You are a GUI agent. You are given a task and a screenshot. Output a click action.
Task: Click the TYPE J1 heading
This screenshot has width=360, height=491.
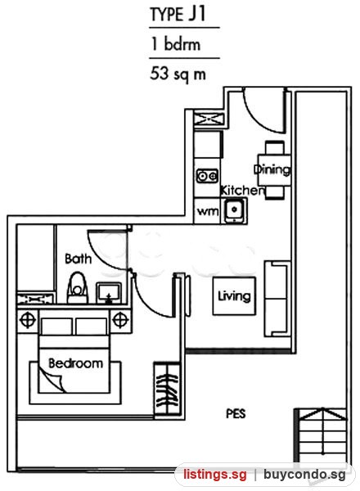click(x=178, y=15)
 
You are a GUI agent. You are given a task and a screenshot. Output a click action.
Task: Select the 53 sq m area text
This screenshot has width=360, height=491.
click(x=178, y=74)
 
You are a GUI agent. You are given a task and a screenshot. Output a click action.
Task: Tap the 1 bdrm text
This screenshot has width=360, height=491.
click(x=176, y=44)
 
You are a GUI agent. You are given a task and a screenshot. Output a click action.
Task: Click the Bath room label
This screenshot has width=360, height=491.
click(x=79, y=259)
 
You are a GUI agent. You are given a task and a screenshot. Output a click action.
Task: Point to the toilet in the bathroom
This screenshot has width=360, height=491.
click(x=78, y=288)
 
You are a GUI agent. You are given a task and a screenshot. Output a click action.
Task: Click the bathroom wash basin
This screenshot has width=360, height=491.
click(x=108, y=293)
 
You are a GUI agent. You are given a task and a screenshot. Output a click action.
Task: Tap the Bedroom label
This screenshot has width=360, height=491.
click(x=75, y=363)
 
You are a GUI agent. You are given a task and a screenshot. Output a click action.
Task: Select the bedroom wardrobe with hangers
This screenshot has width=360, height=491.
click(x=168, y=390)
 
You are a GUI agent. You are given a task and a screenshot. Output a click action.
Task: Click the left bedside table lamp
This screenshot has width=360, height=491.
click(x=28, y=321)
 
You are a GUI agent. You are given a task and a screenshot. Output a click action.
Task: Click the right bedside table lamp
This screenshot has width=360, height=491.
click(x=120, y=321)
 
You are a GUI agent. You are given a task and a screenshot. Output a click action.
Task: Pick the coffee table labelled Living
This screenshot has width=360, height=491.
click(x=234, y=296)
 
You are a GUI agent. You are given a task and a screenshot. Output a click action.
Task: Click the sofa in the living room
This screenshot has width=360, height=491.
click(x=277, y=300)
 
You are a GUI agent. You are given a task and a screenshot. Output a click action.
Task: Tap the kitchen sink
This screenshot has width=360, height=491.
click(x=234, y=210)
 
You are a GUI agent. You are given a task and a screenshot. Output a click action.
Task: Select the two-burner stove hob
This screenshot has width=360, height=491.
click(x=207, y=176)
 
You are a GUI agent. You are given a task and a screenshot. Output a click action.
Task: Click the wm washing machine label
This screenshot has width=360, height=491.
click(x=208, y=211)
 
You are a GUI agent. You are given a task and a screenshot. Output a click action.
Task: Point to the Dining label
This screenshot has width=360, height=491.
click(x=272, y=169)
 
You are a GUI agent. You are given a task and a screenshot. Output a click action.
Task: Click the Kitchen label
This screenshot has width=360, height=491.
click(x=242, y=191)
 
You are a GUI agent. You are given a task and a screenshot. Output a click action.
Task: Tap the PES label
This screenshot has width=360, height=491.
click(x=236, y=413)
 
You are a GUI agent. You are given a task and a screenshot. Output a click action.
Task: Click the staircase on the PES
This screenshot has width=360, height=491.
click(x=321, y=435)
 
